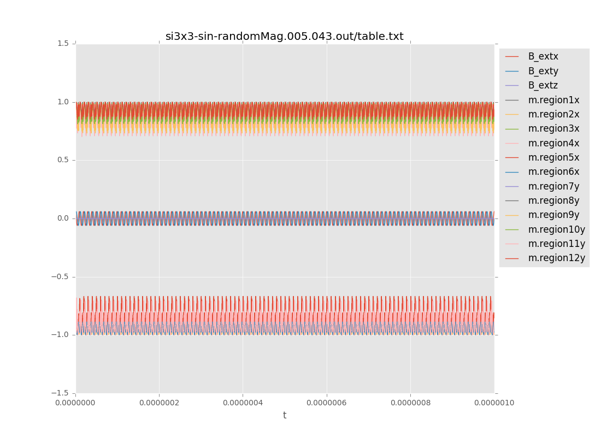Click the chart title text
point(284,37)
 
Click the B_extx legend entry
point(543,56)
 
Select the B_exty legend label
point(543,71)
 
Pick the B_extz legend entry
point(543,85)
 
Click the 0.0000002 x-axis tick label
point(159,403)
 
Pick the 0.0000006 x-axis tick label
point(327,403)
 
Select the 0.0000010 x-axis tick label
point(494,403)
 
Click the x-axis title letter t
point(285,416)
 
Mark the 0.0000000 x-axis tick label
point(75,403)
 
